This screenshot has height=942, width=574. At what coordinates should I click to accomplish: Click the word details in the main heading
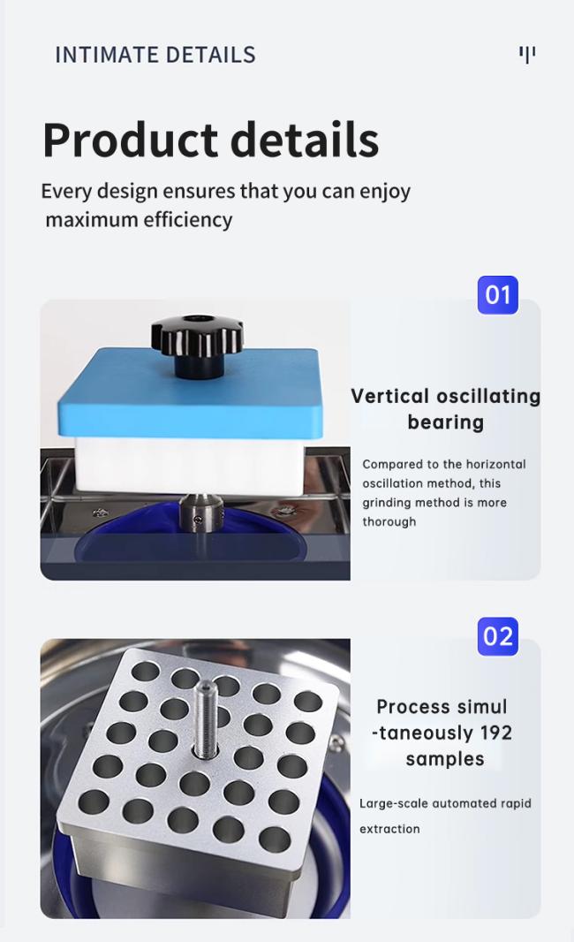tap(305, 140)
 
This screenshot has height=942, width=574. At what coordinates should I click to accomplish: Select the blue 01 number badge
tap(498, 295)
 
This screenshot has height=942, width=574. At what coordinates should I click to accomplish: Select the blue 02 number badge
tap(498, 636)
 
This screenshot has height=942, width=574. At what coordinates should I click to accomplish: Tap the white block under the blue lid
tap(189, 466)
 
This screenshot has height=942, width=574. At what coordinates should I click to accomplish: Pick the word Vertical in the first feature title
tap(389, 397)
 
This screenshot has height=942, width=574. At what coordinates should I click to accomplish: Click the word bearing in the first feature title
tap(445, 423)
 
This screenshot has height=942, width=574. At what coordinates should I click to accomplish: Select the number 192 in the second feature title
tap(495, 733)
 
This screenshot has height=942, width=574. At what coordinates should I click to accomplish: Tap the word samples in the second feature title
tap(445, 759)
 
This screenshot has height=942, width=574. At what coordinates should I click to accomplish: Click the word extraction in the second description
tap(389, 829)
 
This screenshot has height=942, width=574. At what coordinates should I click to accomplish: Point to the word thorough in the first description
tap(389, 521)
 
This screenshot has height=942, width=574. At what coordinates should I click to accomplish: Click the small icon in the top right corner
tap(527, 55)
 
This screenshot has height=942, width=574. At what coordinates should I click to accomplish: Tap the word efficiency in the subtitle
tap(188, 220)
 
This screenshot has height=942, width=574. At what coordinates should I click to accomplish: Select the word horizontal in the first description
tap(496, 465)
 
